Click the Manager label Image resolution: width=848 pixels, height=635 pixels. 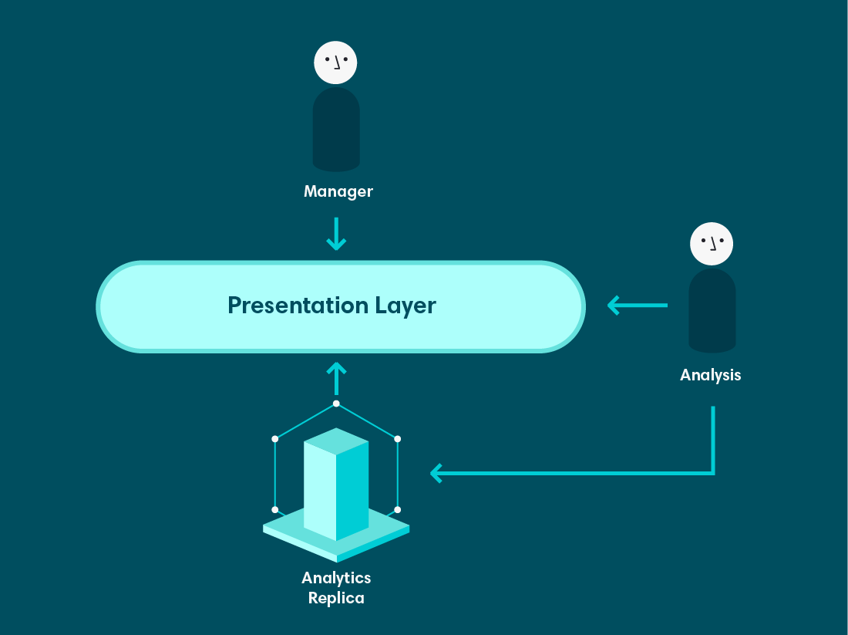338,191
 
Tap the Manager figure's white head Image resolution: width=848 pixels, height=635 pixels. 335,62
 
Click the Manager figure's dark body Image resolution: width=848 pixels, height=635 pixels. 336,130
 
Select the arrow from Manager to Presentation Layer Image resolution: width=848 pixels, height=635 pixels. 336,234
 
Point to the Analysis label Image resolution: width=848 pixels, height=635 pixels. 710,375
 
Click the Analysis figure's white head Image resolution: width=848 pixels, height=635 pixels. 712,244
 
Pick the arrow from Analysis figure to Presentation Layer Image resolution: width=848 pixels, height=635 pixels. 638,306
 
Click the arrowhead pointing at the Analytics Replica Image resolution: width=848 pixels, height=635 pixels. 436,473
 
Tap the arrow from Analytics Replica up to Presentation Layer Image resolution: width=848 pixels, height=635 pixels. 336,378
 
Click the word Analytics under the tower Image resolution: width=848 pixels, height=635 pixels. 336,579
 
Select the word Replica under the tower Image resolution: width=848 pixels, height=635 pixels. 336,598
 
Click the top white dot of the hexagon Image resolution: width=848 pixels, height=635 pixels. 336,404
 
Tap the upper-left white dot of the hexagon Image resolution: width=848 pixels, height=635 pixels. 274,438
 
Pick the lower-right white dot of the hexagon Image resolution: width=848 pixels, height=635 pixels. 398,509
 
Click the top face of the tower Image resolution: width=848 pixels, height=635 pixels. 336,441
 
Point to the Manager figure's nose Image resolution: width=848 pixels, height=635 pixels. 338,64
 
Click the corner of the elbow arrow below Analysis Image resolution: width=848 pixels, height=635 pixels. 713,473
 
